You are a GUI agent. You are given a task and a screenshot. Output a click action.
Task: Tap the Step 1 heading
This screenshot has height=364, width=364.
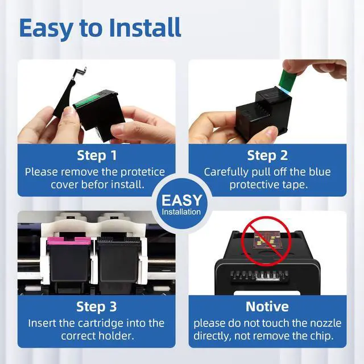(97, 155)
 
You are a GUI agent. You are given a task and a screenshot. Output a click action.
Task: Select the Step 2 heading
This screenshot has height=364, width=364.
(267, 155)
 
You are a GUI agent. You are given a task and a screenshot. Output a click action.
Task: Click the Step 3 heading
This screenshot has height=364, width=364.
(97, 307)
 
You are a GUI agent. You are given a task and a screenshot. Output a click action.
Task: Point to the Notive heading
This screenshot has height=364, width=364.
(267, 307)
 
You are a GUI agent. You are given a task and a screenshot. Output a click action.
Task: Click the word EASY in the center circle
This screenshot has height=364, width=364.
(182, 200)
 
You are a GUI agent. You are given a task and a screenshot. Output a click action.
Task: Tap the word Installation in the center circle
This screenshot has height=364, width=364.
(181, 212)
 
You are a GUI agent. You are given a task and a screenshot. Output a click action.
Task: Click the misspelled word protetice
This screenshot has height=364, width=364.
(143, 172)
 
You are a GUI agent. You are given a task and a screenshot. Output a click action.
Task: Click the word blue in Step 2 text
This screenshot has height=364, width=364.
(320, 172)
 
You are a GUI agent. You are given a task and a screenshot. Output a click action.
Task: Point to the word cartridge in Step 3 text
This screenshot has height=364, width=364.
(102, 324)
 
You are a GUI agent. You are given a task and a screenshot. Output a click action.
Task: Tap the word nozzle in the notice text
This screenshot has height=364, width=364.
(327, 324)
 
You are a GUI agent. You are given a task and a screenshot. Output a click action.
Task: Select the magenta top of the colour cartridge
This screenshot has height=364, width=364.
(69, 241)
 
